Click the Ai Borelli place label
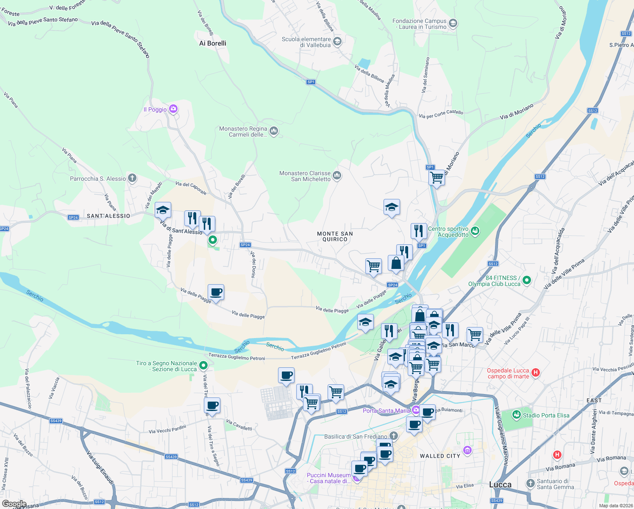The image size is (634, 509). (213, 43)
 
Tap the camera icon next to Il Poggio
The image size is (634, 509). (173, 109)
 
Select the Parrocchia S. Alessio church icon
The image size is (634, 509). (132, 178)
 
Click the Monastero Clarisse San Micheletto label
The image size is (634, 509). (305, 176)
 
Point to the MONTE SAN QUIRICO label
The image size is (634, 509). (335, 236)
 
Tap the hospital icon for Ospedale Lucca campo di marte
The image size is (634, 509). (536, 373)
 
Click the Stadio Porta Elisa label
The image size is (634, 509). (546, 415)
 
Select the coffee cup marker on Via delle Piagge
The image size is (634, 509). (216, 292)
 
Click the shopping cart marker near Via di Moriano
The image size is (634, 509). (437, 177)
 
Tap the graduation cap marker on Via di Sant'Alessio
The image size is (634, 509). (163, 210)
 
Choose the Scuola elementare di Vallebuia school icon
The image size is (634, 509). (337, 41)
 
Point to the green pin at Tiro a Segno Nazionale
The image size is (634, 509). (203, 365)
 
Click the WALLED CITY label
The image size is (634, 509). (440, 456)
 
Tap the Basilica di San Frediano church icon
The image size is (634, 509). (394, 436)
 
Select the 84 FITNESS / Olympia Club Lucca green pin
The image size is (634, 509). (527, 280)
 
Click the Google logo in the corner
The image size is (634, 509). (14, 504)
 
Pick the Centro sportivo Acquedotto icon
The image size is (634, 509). (475, 231)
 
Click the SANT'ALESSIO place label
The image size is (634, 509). (108, 216)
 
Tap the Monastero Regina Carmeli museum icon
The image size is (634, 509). (274, 131)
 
